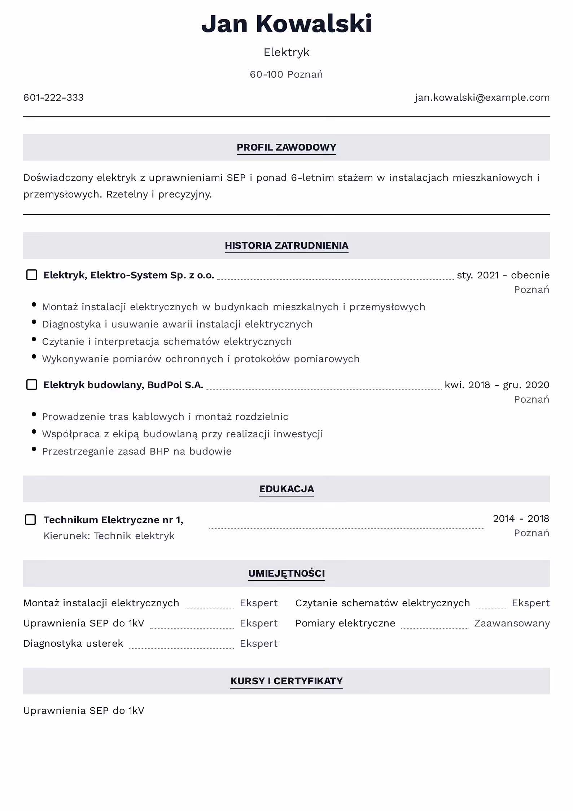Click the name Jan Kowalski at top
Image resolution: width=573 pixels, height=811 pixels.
click(286, 24)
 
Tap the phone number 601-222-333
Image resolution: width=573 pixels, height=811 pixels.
click(53, 97)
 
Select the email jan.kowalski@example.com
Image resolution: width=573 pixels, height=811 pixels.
click(482, 97)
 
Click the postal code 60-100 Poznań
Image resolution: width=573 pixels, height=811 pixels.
click(286, 74)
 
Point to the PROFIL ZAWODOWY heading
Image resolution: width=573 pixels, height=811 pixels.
click(286, 147)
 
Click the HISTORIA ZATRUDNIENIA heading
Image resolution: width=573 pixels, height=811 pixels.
click(286, 246)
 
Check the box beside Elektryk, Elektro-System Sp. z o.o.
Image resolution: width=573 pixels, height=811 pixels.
click(32, 275)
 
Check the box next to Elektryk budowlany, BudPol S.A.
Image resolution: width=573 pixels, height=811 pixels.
click(32, 385)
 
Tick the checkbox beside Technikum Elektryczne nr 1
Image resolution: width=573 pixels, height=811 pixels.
click(30, 520)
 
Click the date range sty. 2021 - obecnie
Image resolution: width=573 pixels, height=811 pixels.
click(503, 275)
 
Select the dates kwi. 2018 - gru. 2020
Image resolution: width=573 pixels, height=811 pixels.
click(497, 385)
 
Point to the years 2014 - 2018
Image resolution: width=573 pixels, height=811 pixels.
click(521, 519)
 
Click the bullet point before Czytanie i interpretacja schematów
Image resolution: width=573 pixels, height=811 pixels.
click(34, 339)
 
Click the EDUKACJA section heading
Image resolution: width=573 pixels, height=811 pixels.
click(286, 489)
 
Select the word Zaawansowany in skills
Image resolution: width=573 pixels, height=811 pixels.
click(512, 623)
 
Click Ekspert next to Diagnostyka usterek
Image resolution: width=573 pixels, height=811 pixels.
click(258, 643)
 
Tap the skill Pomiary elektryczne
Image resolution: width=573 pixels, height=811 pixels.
click(345, 623)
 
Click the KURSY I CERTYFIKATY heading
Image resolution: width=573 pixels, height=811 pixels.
click(286, 681)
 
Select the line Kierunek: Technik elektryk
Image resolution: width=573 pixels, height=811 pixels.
click(109, 536)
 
